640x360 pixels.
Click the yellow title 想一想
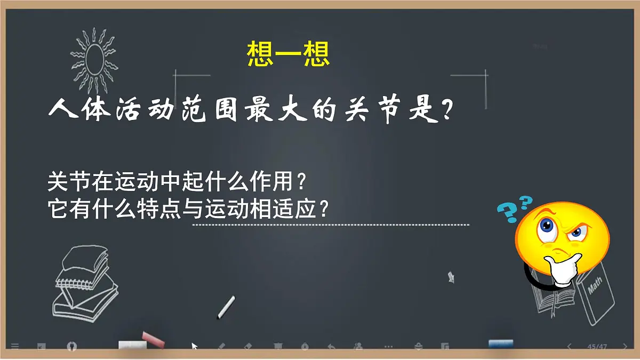[289, 54]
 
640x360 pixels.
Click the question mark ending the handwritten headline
[449, 111]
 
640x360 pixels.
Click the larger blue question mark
[508, 212]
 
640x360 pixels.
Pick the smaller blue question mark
[526, 202]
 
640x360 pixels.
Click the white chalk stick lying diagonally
[226, 308]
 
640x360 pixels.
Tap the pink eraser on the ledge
[154, 339]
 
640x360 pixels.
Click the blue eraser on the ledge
[501, 343]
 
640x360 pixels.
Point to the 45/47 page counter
[597, 347]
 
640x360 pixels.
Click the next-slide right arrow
[625, 347]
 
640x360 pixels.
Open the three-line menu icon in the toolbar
[15, 347]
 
